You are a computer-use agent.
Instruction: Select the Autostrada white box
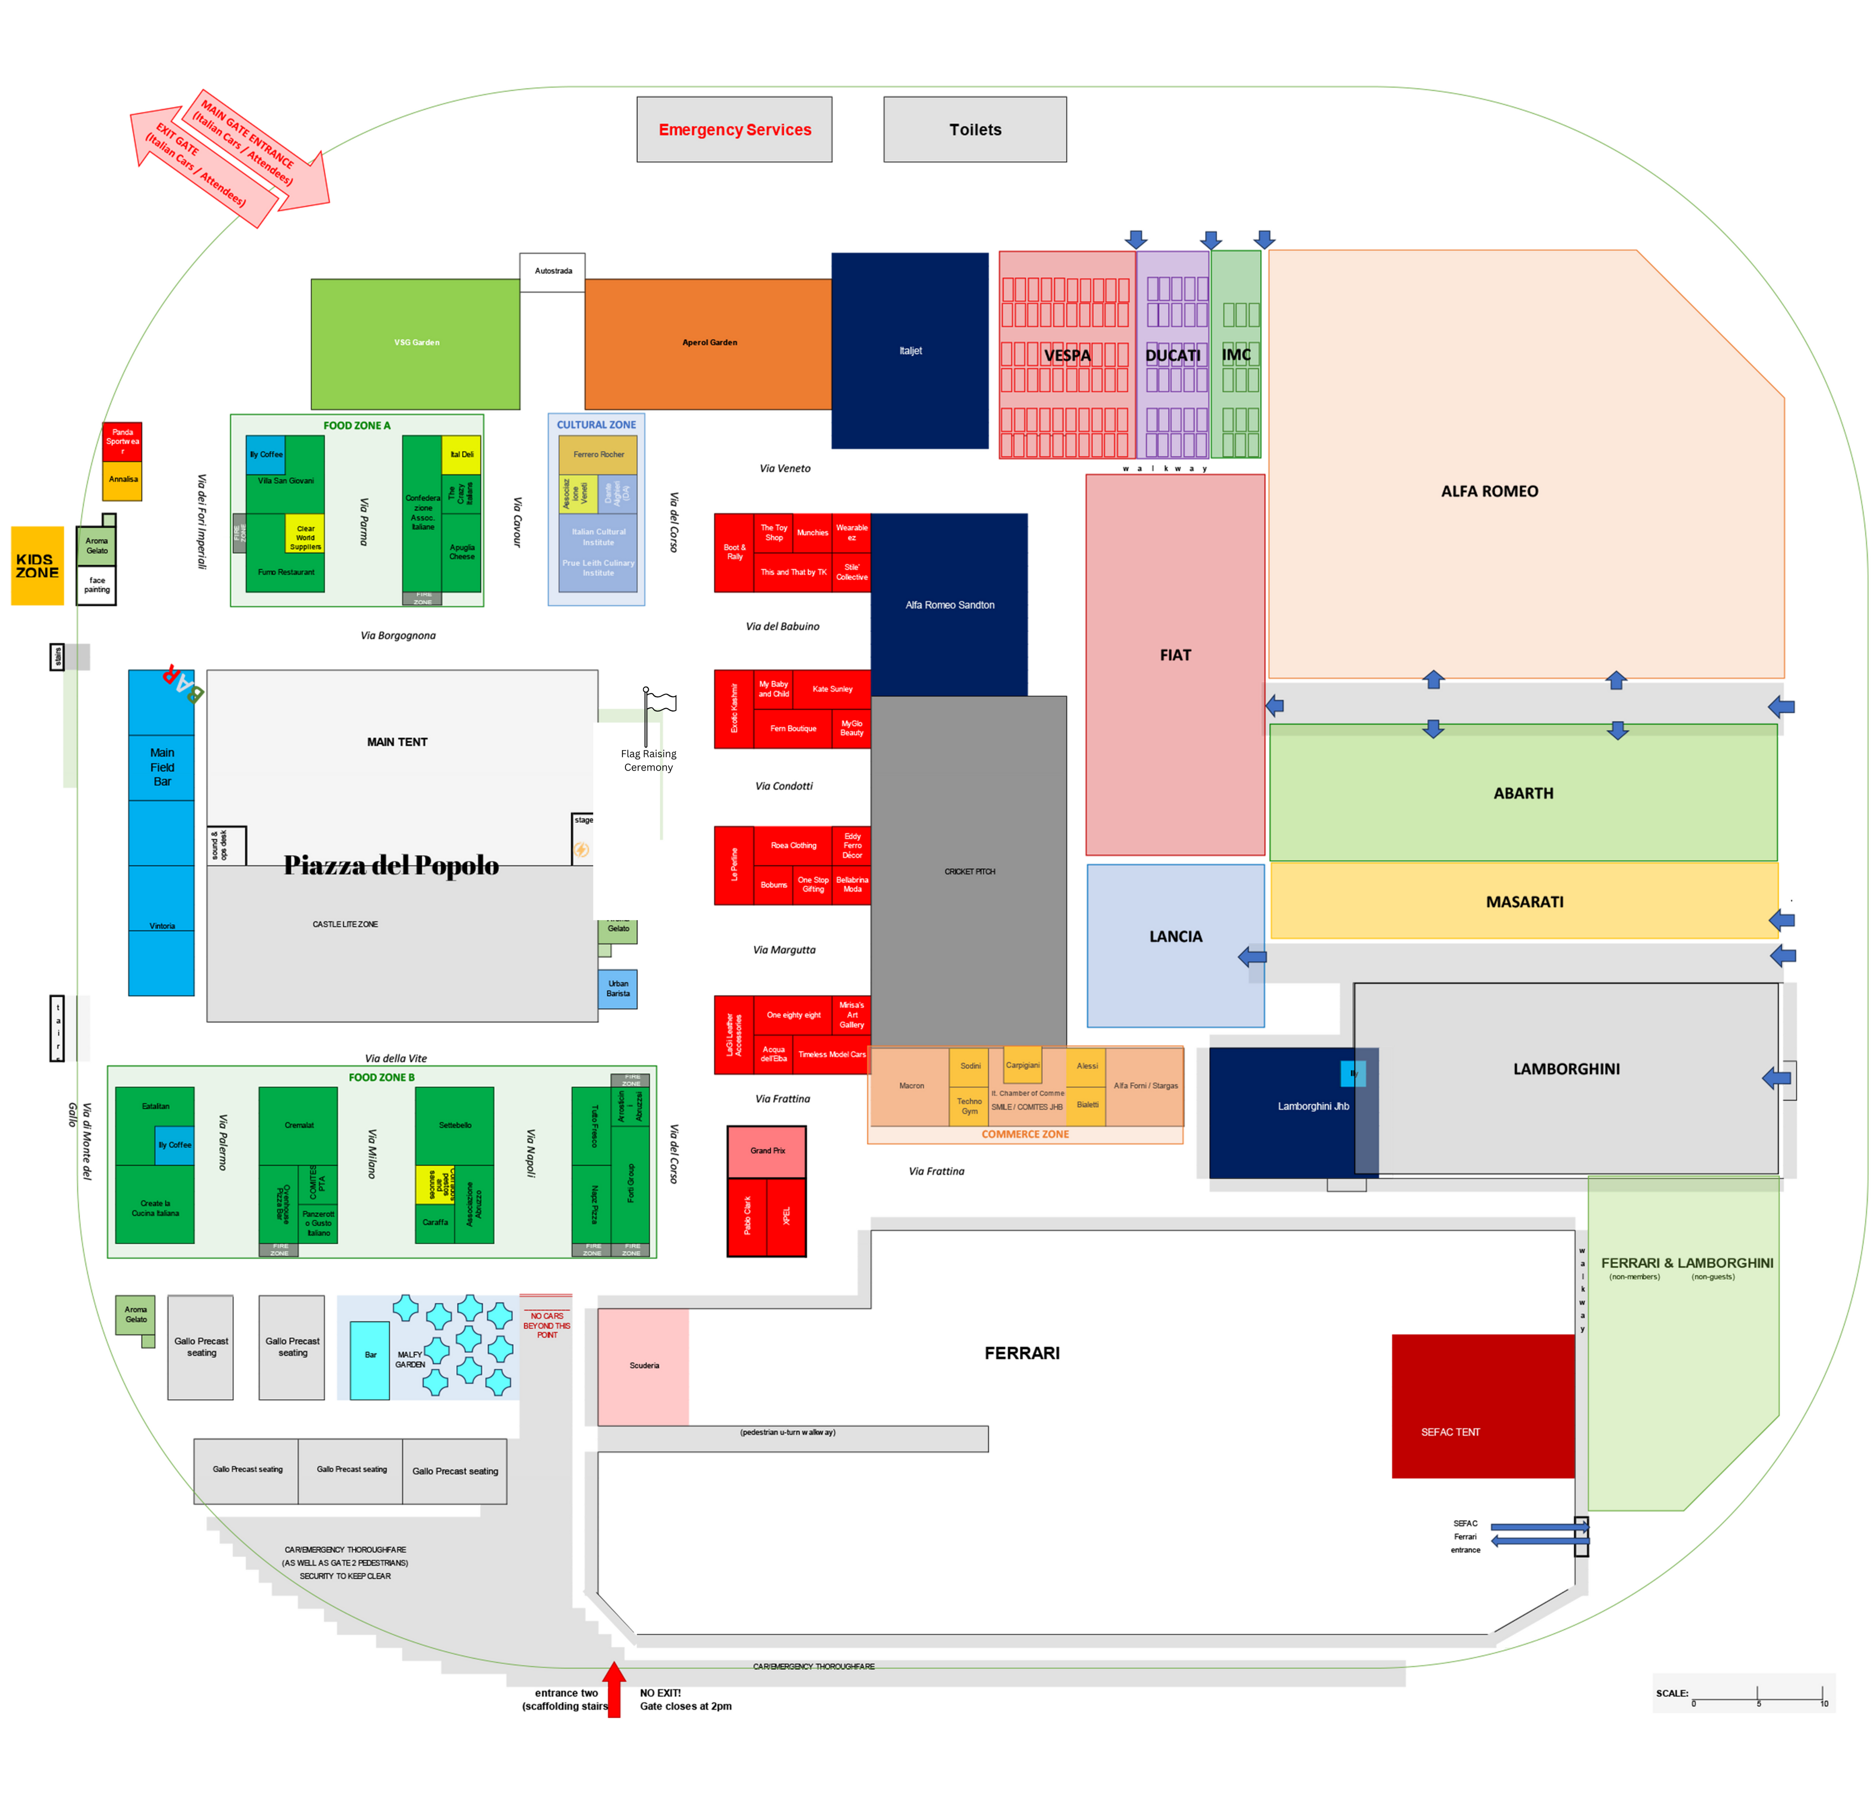(x=552, y=271)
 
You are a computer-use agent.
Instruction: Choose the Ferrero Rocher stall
(x=598, y=455)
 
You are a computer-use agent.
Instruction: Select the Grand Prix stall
(x=767, y=1151)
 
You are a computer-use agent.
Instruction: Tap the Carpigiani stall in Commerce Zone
(x=1022, y=1065)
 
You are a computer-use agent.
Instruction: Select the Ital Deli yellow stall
(x=461, y=455)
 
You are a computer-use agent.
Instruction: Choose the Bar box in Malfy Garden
(x=370, y=1360)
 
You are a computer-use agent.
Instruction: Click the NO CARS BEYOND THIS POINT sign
(x=546, y=1325)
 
